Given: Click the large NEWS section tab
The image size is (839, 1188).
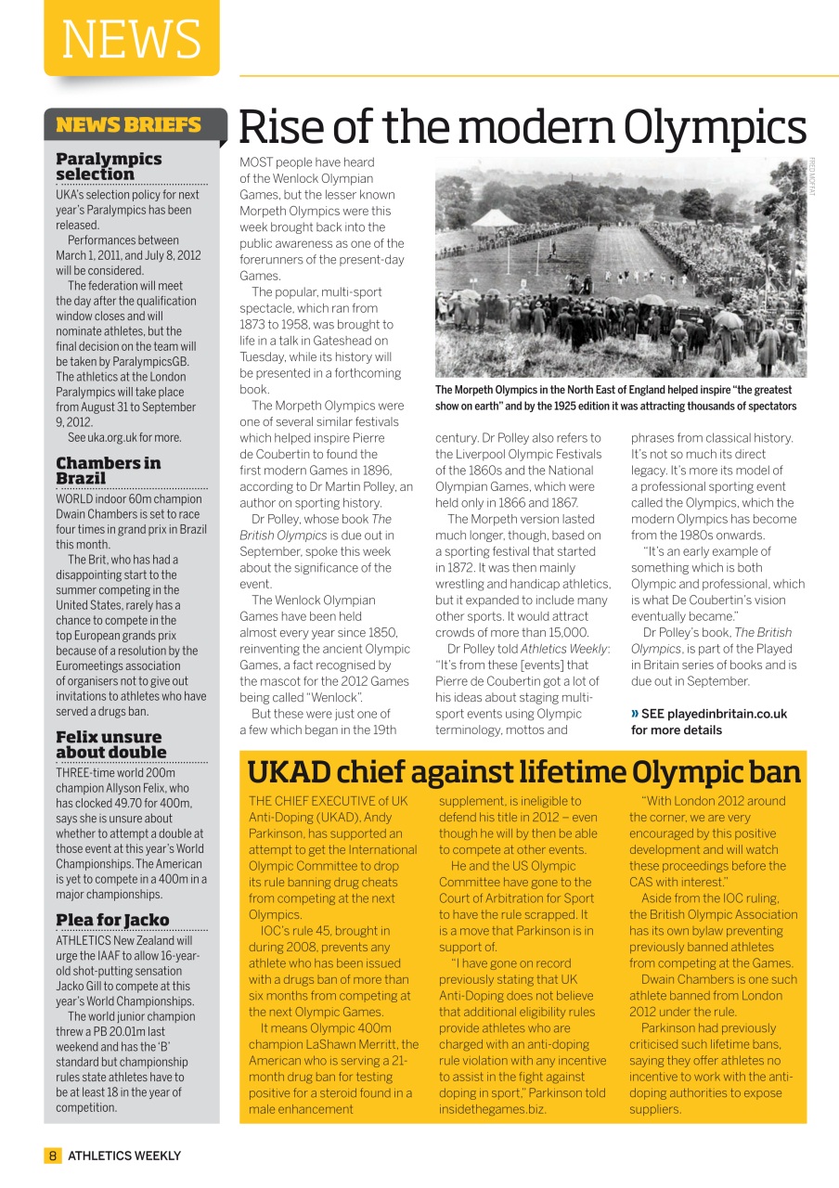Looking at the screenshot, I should click(131, 38).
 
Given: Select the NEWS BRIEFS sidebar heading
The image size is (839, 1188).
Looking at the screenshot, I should click(128, 125).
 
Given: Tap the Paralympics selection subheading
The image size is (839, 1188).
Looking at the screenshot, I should click(109, 166).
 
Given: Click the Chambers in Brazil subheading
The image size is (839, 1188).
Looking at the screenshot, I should click(108, 471).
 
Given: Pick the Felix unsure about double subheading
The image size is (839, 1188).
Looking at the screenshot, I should click(111, 744).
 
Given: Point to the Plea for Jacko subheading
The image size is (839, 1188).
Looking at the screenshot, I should click(112, 920).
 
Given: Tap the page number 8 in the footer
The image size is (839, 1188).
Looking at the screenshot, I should click(53, 1156).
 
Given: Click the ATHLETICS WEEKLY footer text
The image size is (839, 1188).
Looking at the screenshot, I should click(124, 1156).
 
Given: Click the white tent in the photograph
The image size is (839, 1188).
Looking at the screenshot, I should click(495, 219).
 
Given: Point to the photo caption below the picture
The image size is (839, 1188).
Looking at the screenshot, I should click(615, 398).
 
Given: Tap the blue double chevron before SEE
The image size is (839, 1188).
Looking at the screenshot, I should click(635, 714).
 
